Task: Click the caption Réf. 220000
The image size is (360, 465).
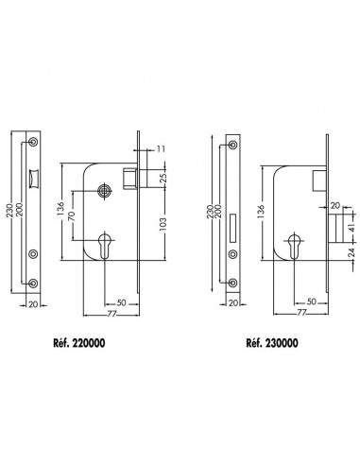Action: pyautogui.click(x=79, y=343)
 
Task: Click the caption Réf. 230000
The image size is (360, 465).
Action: pyautogui.click(x=272, y=343)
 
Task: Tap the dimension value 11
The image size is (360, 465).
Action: pyautogui.click(x=161, y=148)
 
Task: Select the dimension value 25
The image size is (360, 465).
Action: pyautogui.click(x=163, y=179)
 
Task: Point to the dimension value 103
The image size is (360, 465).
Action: pyautogui.click(x=163, y=224)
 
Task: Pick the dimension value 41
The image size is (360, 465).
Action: pyautogui.click(x=352, y=227)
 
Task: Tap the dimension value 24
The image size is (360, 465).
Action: pyautogui.click(x=353, y=253)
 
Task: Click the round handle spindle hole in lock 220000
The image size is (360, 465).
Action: pyautogui.click(x=105, y=191)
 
